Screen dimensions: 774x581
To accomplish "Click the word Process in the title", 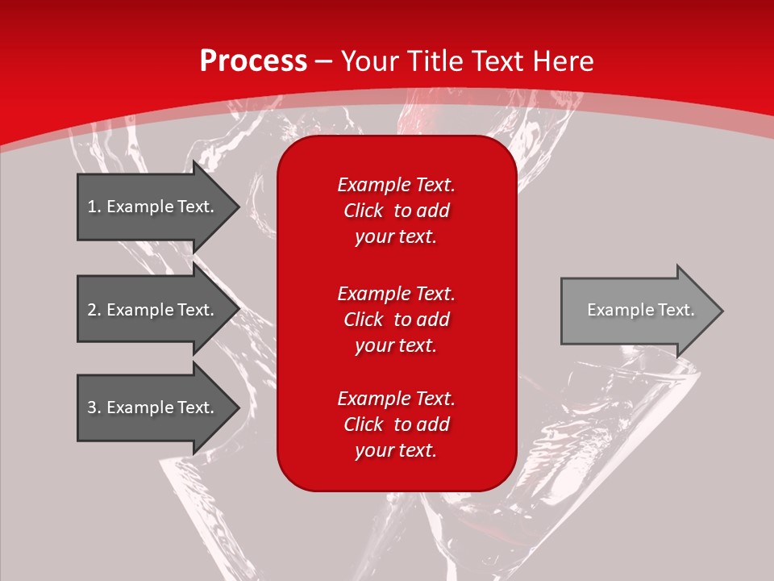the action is click(254, 61).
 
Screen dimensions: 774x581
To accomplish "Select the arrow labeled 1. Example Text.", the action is click(159, 207).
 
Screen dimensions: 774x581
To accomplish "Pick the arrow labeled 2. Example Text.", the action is click(159, 309).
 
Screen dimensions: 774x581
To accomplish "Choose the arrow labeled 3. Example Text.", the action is click(159, 408).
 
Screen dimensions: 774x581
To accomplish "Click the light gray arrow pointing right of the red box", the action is click(642, 311).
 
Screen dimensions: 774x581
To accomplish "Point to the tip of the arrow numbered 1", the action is click(239, 207).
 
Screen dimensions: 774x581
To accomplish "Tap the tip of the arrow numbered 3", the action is click(239, 408).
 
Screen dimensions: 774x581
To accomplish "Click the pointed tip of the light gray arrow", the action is click(723, 311).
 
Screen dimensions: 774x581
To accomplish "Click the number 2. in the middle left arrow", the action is click(94, 310).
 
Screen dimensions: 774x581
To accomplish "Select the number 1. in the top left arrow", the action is click(94, 207).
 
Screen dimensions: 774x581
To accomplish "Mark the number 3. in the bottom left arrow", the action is click(94, 408).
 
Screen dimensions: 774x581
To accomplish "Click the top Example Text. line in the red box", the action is click(397, 185).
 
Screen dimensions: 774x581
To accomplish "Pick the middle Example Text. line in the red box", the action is click(397, 294).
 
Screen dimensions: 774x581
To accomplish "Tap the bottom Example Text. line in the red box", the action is click(397, 399).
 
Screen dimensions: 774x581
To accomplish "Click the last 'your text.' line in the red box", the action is click(396, 450).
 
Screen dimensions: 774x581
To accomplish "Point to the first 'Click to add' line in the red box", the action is click(397, 211).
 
